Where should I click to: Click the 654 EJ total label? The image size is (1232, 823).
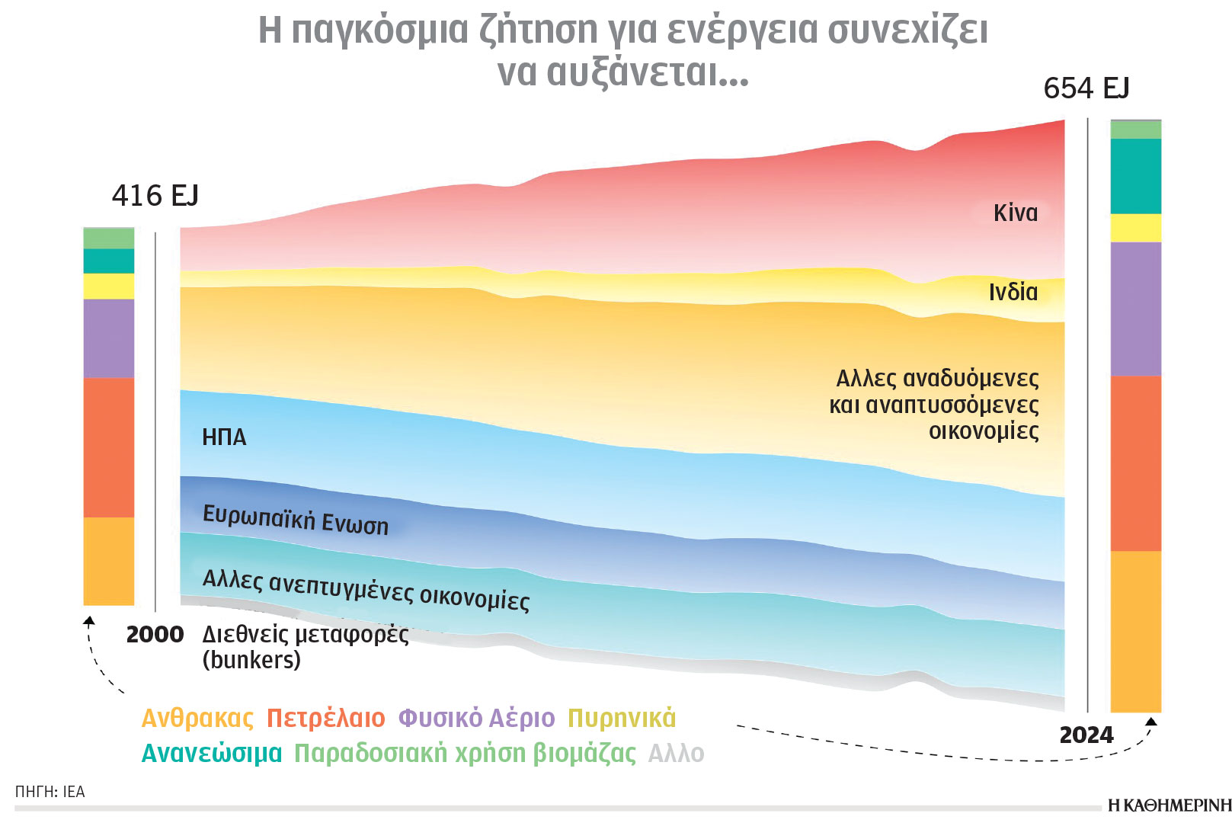[x=1086, y=88]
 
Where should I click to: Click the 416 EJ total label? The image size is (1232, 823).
[x=155, y=196]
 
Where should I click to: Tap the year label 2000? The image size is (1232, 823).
[x=155, y=634]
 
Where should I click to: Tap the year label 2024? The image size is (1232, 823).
[x=1086, y=735]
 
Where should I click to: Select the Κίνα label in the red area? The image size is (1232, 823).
[x=1015, y=213]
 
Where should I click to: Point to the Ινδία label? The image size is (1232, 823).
[x=1013, y=292]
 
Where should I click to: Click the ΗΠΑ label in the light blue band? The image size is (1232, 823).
[x=224, y=437]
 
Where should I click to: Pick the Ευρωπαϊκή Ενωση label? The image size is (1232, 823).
[x=295, y=520]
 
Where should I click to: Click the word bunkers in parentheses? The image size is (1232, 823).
[x=251, y=660]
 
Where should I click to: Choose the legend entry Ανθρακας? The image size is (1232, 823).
[x=197, y=718]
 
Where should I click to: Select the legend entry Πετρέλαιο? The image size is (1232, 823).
[x=326, y=718]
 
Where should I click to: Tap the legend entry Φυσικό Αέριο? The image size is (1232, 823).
[x=477, y=718]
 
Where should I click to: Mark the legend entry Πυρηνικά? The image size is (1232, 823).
[x=622, y=718]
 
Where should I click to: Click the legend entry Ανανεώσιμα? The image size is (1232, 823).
[x=212, y=753]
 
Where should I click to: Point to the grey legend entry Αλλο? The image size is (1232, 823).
[x=676, y=753]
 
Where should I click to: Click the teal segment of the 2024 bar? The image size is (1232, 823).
[x=1135, y=176]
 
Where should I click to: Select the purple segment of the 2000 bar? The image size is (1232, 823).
[x=108, y=338]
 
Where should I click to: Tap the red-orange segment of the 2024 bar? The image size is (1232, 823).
[x=1135, y=463]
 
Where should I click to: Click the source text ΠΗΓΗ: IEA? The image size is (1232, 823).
[x=50, y=792]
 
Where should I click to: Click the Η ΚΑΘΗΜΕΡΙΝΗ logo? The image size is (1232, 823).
[x=1169, y=805]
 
